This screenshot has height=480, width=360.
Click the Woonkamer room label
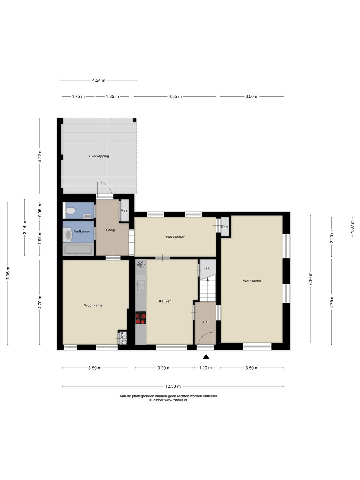coord(94,305)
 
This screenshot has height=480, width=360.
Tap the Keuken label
coord(165,301)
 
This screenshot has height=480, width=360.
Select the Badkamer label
coord(82,231)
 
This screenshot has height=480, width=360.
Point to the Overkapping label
coord(99,156)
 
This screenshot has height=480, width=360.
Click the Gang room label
coord(110,230)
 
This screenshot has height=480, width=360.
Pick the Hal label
coord(205,322)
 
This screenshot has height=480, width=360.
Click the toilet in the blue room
coord(70,211)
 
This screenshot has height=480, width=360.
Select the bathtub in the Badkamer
coord(78,250)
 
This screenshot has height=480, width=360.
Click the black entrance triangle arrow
coord(206,357)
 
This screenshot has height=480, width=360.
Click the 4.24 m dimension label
coord(99,80)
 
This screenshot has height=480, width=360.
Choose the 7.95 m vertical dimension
coord(8,273)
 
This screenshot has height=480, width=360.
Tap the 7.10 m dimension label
coord(310,279)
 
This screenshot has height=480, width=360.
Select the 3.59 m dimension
coord(95,368)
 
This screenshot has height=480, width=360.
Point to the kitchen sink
coord(141,286)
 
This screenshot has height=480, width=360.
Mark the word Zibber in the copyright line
coord(158,400)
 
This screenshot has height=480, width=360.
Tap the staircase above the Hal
coord(208,288)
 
